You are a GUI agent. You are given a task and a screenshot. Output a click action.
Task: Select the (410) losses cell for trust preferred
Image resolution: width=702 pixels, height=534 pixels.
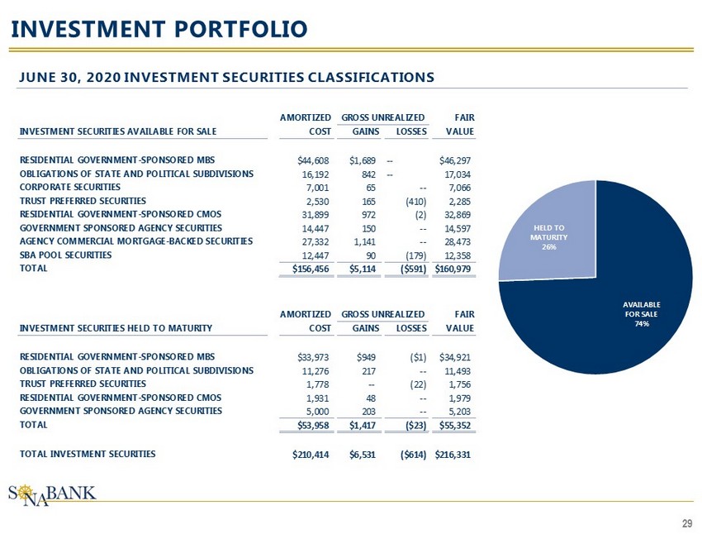click(411, 201)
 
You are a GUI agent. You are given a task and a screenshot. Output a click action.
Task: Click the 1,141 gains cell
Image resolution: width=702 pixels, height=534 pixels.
click(365, 242)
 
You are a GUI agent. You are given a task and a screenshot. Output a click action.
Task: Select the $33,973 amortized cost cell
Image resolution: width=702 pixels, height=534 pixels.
click(314, 357)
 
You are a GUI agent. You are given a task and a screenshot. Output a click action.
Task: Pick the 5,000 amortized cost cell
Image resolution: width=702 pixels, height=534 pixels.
click(318, 412)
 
